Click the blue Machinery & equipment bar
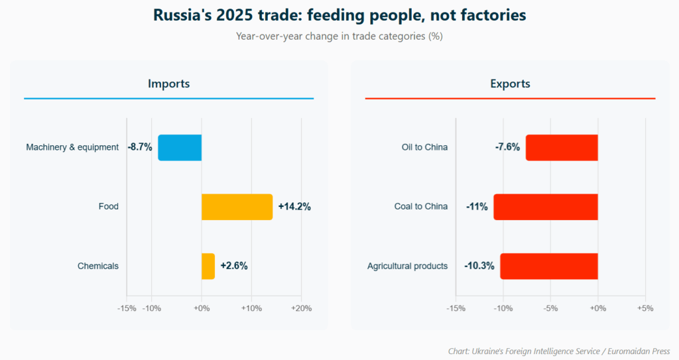point(180,147)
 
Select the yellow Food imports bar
point(237,207)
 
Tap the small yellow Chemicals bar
point(208,266)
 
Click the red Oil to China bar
point(562,147)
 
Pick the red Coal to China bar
point(546,207)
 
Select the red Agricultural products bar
point(549,266)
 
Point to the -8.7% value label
point(140,147)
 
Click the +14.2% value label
point(294,207)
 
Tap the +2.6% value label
point(234,266)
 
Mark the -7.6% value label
point(507,147)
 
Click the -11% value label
point(477,207)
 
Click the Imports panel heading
point(168,84)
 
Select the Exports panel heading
point(510,84)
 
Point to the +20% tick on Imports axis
point(301,308)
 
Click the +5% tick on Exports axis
point(645,308)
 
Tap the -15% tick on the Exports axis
point(456,308)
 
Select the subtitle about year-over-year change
point(339,36)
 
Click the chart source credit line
point(559,351)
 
